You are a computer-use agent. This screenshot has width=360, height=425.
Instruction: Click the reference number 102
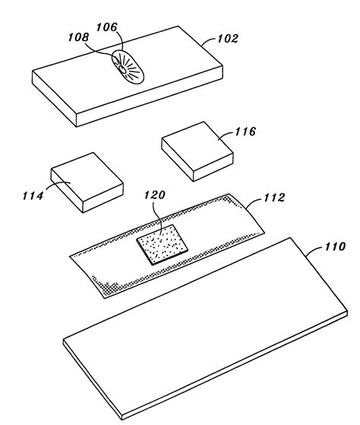tap(228, 39)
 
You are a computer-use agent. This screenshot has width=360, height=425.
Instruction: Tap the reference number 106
tap(107, 27)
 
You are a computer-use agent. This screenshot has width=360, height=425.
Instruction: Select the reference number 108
tap(78, 37)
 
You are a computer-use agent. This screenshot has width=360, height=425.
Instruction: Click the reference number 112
tap(274, 198)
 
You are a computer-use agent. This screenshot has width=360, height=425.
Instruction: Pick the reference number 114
tap(33, 195)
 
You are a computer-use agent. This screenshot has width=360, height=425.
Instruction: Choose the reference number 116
tap(245, 132)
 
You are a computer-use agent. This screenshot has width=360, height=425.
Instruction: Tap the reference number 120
tap(154, 195)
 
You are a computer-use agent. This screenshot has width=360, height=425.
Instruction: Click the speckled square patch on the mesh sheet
tap(162, 244)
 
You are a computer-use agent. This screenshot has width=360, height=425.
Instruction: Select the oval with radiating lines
tap(128, 66)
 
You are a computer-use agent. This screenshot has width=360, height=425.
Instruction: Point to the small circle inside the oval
tap(122, 70)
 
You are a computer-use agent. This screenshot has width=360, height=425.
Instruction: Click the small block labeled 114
tap(87, 182)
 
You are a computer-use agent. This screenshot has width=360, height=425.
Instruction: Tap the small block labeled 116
tap(197, 151)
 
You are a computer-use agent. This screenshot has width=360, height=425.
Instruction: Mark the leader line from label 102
tap(209, 41)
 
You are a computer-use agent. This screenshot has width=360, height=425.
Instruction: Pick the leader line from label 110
tap(314, 249)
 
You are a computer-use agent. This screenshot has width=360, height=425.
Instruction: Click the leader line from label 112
tap(254, 202)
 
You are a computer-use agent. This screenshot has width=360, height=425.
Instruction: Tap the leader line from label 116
tap(226, 135)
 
